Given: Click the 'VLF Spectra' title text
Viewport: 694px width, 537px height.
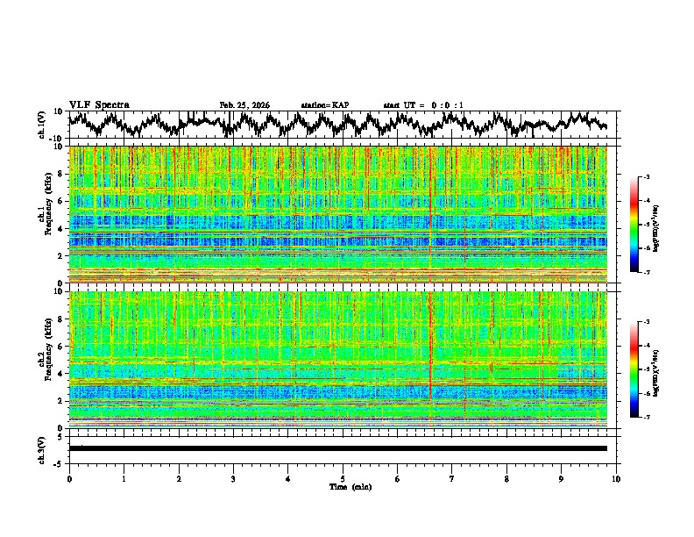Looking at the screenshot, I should click(99, 104).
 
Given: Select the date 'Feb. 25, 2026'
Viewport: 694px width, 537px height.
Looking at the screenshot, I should click(244, 105).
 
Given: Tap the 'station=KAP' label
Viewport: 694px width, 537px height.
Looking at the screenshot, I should click(325, 105).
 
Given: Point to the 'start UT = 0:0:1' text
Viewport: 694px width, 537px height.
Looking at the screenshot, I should click(423, 105).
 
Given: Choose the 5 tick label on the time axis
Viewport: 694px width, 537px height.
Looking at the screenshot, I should click(343, 478).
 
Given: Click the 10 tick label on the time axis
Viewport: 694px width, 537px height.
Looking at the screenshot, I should click(616, 478).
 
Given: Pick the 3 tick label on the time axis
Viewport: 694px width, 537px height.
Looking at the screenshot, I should click(233, 478).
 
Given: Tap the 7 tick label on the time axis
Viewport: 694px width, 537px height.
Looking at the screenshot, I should click(452, 478).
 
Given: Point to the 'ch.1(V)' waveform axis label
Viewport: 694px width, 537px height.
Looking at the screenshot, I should click(42, 125).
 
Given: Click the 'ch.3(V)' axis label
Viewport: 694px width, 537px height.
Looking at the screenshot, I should click(42, 448).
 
